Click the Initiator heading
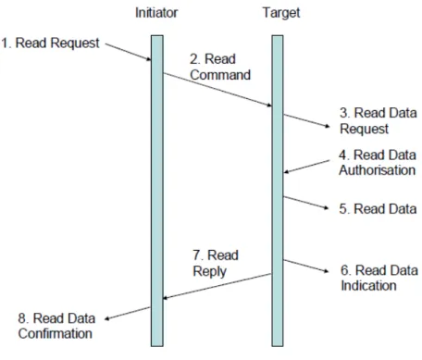pos(156,13)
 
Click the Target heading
pos(281,13)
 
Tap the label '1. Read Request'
pos(50,43)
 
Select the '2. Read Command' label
pos(220,67)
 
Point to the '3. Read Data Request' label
pos(379,120)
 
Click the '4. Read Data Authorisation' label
pos(378,162)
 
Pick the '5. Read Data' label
pos(378,209)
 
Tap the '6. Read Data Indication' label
pos(379,278)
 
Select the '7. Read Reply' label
pos(216,263)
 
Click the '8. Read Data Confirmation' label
pos(56,326)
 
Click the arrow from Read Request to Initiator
pos(128,52)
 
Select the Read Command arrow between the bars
pos(217,90)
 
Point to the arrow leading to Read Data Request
pos(306,120)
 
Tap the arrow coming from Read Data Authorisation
pos(306,167)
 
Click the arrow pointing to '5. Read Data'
pos(306,203)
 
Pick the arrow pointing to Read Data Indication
pos(306,267)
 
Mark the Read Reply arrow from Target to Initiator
pos(217,286)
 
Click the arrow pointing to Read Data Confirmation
pos(128,314)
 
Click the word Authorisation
pos(378,170)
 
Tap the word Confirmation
pos(56,333)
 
